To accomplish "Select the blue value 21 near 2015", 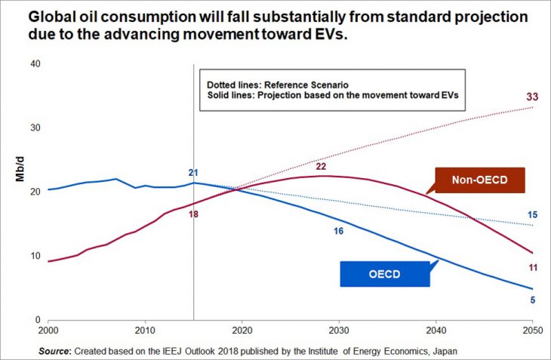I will [193, 174].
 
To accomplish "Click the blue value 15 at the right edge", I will [532, 215].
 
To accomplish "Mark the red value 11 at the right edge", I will [532, 266].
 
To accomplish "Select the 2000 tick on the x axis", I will [48, 330].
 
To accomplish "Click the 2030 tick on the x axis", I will [339, 330].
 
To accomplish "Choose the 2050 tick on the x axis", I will [532, 330].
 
